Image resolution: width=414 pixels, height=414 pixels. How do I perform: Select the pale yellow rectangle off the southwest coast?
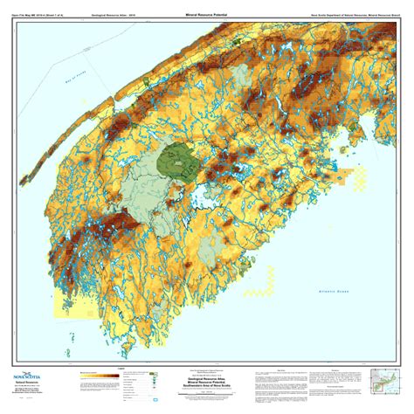64,301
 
